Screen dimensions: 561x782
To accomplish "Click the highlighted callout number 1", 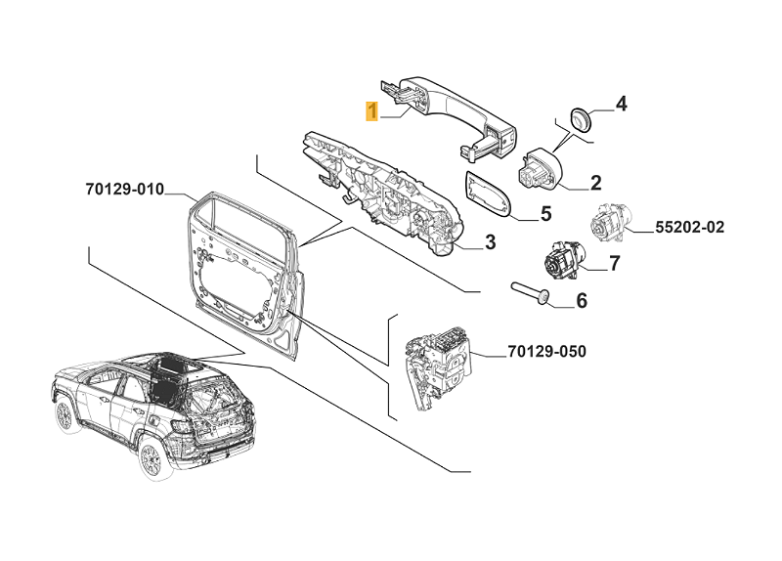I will [x=371, y=110].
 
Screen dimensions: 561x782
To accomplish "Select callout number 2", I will [x=594, y=182].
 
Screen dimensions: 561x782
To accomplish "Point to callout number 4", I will [x=621, y=104].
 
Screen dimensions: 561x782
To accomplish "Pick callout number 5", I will [x=545, y=212].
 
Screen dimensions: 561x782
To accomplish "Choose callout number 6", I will [x=581, y=301].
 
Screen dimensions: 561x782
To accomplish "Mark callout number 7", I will [x=614, y=263].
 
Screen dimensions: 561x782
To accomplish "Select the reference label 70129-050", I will [x=546, y=351].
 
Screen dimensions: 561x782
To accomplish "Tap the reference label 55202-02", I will [x=689, y=228].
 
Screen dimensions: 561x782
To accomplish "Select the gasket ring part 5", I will [x=486, y=194].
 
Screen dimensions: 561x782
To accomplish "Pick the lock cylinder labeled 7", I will [x=561, y=260].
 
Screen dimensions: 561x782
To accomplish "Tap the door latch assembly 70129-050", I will [x=437, y=362].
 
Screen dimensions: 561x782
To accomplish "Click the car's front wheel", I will [x=150, y=455].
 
